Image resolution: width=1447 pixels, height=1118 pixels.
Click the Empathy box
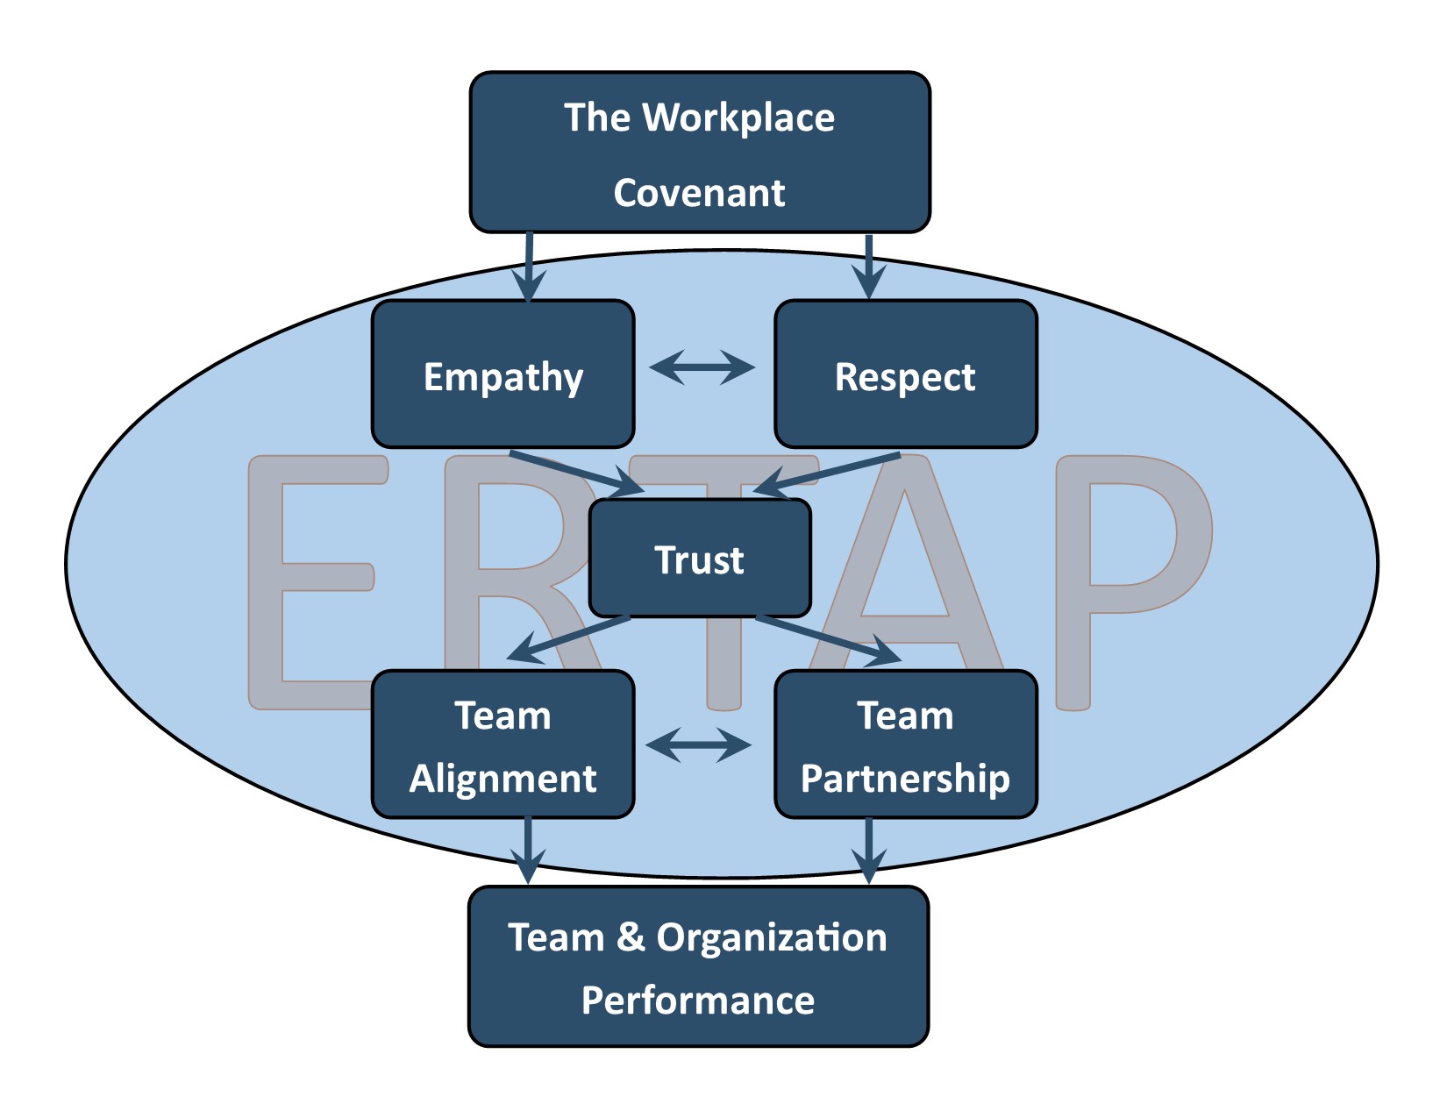click(503, 374)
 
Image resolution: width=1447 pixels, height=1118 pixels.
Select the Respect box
click(905, 374)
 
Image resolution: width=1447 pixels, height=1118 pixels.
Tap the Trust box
click(699, 559)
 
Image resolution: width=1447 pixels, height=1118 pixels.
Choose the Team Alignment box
click(503, 745)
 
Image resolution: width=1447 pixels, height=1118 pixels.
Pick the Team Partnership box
click(905, 745)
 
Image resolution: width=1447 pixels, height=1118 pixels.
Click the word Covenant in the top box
click(699, 193)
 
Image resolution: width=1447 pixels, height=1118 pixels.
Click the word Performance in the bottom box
click(698, 1001)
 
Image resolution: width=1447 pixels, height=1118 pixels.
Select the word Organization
click(772, 937)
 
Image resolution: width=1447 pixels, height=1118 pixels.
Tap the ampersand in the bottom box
click(631, 936)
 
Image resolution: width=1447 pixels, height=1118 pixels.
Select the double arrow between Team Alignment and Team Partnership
click(699, 745)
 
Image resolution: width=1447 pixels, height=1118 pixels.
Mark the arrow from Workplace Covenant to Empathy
click(529, 267)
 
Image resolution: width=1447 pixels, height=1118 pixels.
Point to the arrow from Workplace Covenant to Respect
click(868, 267)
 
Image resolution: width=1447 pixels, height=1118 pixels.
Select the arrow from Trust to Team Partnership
click(829, 639)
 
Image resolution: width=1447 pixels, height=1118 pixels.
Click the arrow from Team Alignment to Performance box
click(528, 851)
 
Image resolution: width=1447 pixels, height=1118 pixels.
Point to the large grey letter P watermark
click(1131, 561)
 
